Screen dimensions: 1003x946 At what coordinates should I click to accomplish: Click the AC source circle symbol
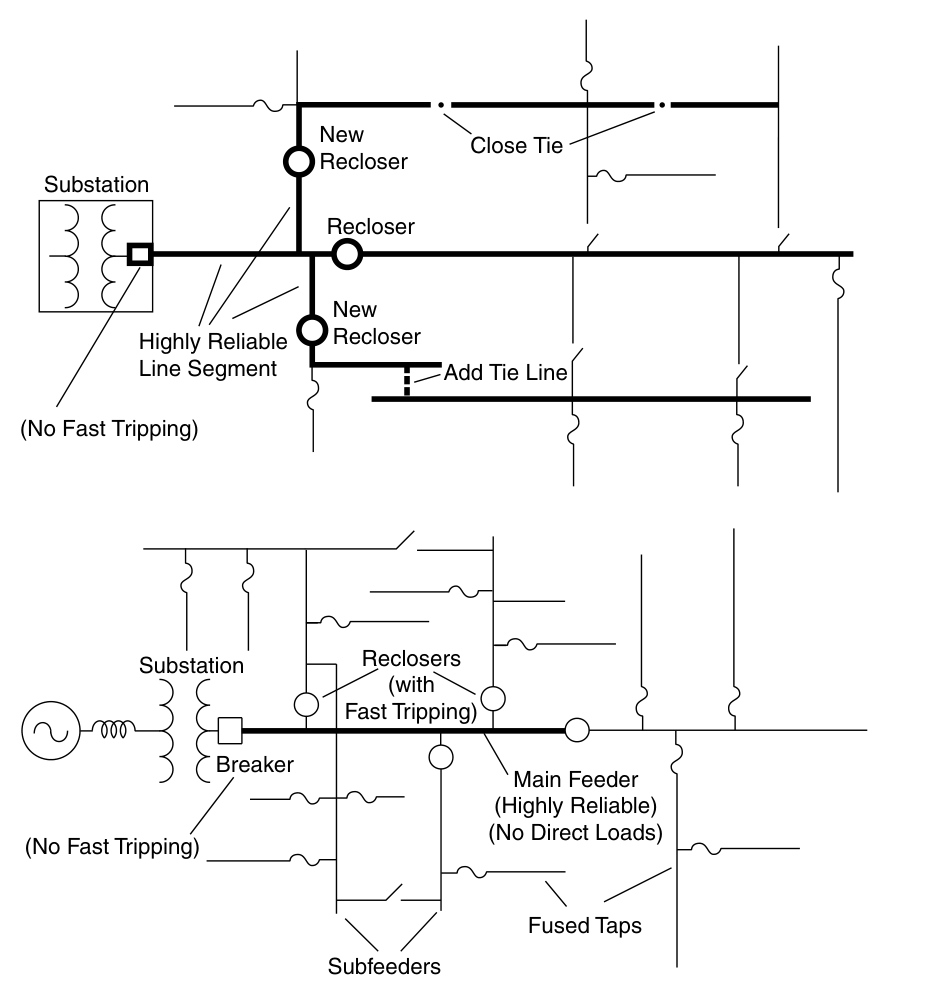[46, 730]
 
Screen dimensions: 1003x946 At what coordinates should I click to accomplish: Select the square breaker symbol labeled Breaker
[230, 730]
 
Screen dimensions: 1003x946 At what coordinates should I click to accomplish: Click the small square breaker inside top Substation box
[141, 253]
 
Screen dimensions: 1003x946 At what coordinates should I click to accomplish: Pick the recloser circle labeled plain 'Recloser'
[346, 254]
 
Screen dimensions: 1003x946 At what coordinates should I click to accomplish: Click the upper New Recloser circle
[298, 161]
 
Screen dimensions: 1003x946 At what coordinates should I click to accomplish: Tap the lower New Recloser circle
[313, 328]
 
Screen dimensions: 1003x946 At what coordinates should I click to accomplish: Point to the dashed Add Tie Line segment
[406, 381]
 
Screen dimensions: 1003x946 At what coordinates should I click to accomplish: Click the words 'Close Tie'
[516, 146]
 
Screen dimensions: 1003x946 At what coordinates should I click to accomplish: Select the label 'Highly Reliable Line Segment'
[213, 355]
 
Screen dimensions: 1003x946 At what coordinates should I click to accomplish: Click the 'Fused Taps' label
[584, 926]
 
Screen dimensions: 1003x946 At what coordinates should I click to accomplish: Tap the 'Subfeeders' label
[384, 967]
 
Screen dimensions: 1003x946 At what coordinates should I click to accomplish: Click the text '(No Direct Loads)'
[575, 832]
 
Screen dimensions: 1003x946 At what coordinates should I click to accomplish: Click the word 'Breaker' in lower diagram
[255, 765]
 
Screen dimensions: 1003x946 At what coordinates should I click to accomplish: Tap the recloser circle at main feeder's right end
[576, 730]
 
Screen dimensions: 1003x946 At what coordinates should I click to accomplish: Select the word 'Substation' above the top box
[96, 185]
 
